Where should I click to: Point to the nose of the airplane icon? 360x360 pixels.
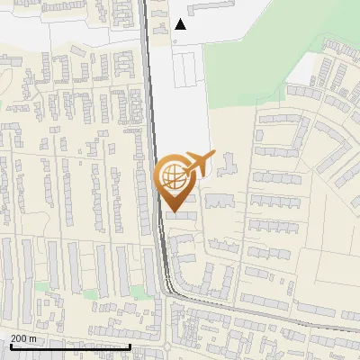click(x=213, y=155)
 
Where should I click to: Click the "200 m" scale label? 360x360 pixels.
click(x=23, y=338)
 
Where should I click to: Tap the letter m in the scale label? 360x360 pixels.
click(x=34, y=338)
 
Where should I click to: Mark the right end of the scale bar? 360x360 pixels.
click(x=130, y=345)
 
